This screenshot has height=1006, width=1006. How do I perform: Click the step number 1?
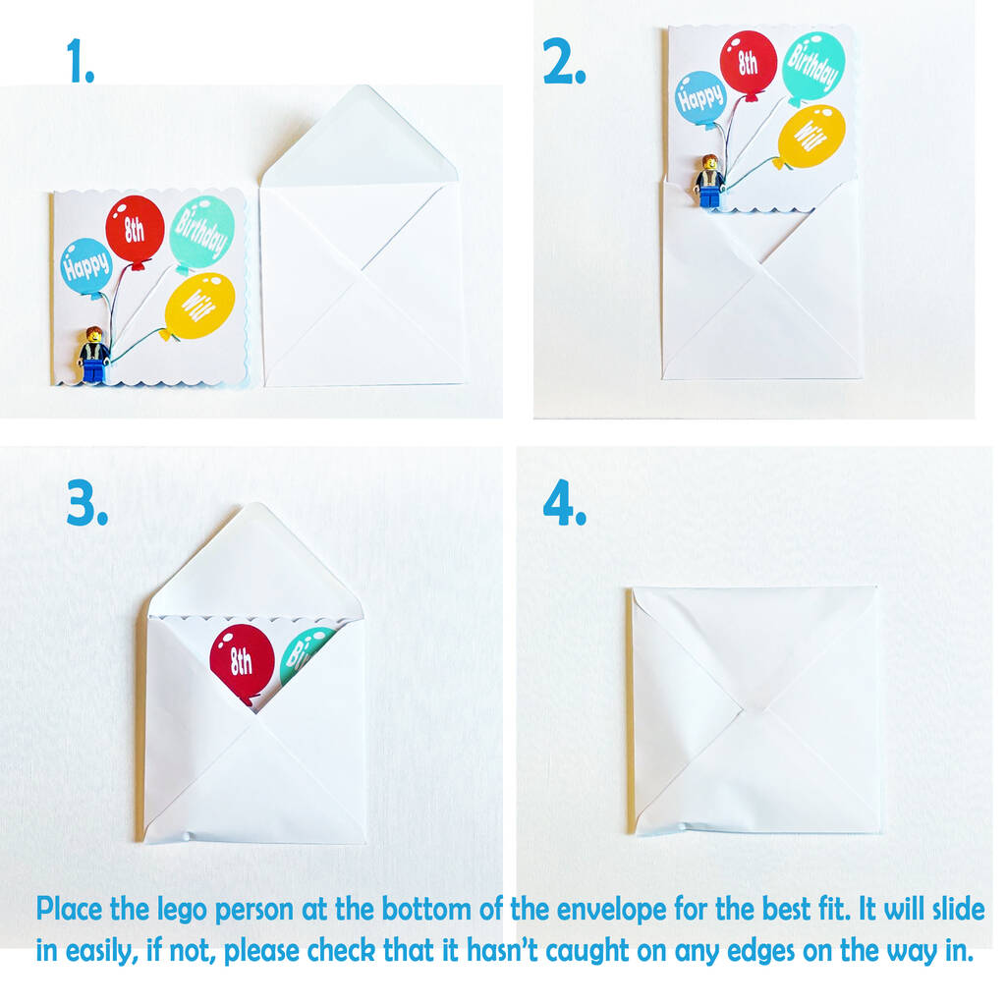[81, 61]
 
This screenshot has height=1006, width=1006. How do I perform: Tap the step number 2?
[564, 61]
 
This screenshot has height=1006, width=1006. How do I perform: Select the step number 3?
[86, 504]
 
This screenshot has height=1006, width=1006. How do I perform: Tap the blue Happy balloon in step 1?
[86, 267]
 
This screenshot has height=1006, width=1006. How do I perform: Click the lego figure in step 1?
[93, 355]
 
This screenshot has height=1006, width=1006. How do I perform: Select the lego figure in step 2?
[709, 182]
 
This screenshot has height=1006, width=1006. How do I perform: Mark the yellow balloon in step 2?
[810, 138]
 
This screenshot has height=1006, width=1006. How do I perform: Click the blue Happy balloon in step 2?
[701, 99]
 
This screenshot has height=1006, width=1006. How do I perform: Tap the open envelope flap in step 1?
[360, 138]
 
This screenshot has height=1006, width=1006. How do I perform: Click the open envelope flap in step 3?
[255, 561]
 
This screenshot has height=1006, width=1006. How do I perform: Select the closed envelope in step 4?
[754, 709]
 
